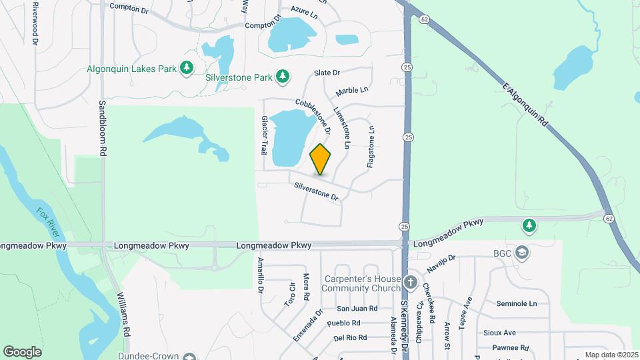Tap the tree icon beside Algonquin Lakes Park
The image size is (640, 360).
click(x=188, y=68)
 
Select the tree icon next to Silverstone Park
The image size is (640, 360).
click(x=283, y=77)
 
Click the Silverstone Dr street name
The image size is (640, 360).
click(x=317, y=192)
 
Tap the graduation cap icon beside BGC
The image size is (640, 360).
click(x=522, y=253)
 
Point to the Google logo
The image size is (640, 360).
click(x=22, y=351)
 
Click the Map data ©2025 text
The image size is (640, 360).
click(x=611, y=355)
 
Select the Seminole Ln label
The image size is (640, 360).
click(x=516, y=303)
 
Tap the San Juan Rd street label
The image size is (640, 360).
click(x=357, y=309)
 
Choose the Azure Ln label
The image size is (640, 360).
click(x=304, y=13)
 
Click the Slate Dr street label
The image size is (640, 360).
click(x=327, y=73)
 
